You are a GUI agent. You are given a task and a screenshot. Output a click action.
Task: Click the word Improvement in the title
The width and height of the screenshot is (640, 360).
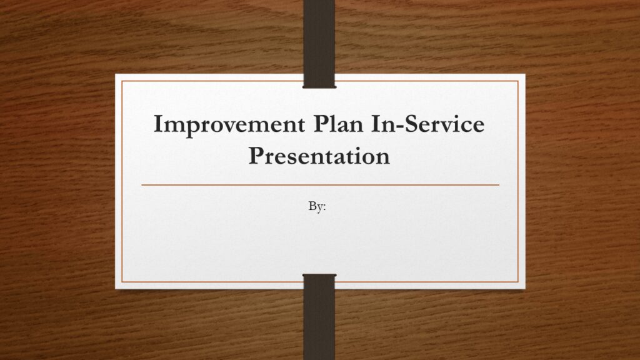coord(229,125)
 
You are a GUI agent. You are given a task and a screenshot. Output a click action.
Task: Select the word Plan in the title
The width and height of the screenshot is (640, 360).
coord(338,124)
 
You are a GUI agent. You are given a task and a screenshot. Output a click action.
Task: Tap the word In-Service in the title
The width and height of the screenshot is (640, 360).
coord(427,124)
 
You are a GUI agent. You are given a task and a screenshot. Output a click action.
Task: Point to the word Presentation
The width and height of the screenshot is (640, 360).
coord(319,156)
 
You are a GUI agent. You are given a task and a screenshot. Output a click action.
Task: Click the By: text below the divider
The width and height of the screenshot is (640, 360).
coord(317,206)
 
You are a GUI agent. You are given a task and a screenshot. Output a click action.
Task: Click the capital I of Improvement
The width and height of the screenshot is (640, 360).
coord(158,124)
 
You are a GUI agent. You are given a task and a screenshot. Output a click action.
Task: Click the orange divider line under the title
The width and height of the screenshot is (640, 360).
coord(321,185)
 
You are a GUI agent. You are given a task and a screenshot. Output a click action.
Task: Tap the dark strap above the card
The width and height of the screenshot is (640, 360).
coord(319,44)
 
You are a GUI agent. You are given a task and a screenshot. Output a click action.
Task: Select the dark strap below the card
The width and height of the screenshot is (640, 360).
coord(319,317)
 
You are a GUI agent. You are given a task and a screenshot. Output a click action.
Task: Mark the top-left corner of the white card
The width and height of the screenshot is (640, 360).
coord(116,74)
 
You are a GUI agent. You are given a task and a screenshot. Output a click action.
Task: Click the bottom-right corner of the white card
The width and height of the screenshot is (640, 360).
coord(525,289)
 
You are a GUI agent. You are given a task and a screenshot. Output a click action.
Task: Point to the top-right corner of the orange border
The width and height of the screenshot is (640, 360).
coord(518,81)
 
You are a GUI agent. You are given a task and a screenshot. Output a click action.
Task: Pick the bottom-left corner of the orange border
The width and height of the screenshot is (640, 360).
coord(122,282)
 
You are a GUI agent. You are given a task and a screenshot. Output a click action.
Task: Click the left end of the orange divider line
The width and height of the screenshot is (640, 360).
coord(142,185)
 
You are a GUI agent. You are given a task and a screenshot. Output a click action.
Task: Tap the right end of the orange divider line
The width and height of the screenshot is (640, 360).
coord(499,185)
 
